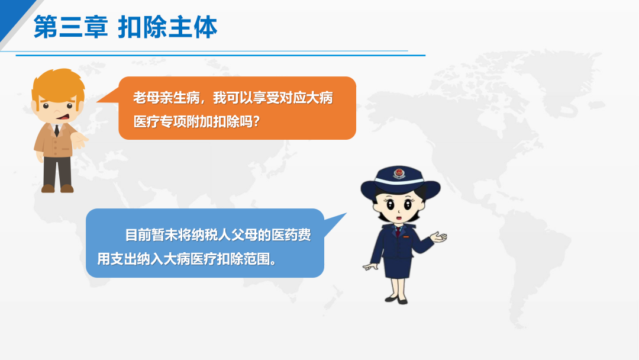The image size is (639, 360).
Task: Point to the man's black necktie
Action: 57,130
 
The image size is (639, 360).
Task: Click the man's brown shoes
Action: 57,188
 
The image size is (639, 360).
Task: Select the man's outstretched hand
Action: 79,139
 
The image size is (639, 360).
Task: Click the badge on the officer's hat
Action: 399,173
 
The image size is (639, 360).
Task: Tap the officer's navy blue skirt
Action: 398,267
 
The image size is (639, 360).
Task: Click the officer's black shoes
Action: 396,300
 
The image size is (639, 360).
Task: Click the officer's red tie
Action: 398,232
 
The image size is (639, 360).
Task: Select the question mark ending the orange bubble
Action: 256,121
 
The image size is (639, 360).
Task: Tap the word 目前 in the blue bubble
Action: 138,235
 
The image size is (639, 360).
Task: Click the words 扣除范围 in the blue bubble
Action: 243,259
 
